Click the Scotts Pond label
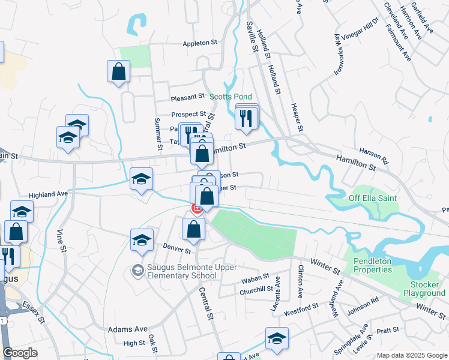click(231, 97)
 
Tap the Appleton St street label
click(200, 43)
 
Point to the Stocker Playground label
click(424, 289)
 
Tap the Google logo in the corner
click(20, 353)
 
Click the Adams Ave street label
click(128, 329)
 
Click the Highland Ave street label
click(48, 194)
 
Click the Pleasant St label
click(188, 97)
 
